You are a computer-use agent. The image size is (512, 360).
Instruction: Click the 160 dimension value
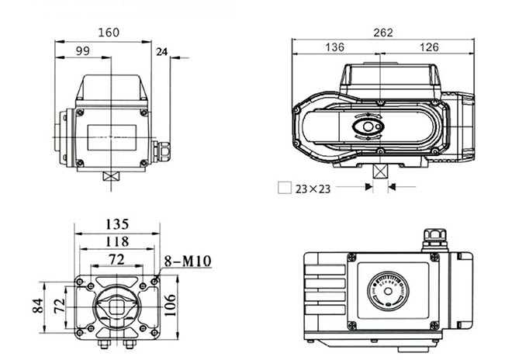coord(109,33)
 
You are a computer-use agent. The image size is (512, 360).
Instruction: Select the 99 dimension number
coord(83,51)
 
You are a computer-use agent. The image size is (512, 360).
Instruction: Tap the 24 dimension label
coord(161,52)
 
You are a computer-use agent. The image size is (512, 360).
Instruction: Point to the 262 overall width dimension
coord(383,33)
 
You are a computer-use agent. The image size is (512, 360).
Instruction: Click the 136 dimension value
coord(334,47)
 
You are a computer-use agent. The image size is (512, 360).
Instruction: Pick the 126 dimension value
coord(429,47)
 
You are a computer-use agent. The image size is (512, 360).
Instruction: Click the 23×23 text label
coord(313,189)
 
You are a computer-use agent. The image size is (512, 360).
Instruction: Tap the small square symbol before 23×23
coord(284,188)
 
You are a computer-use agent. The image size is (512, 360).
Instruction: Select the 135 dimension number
coord(116,224)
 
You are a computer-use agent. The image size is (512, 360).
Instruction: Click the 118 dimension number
coord(116,242)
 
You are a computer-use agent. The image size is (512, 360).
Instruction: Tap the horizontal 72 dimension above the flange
coord(116,258)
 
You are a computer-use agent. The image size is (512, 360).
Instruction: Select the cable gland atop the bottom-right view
coord(432,238)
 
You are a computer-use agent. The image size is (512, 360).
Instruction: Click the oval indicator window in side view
coord(368,126)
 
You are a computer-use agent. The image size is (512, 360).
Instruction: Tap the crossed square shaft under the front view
coord(111,176)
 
